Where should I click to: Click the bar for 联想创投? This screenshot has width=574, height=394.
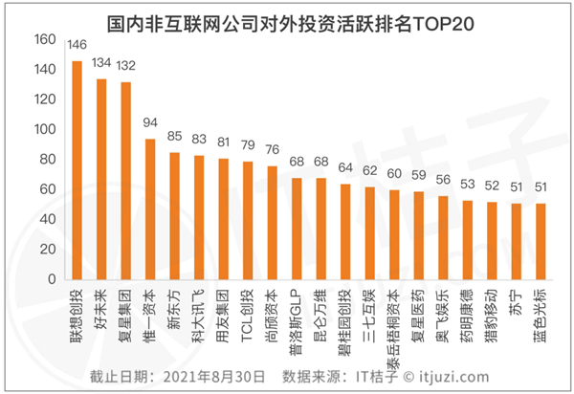[77, 170]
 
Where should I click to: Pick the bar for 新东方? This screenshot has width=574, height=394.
[174, 215]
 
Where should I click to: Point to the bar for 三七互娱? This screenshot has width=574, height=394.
[369, 232]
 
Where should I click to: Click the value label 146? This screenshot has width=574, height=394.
[77, 46]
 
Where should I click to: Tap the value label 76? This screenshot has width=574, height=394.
[272, 150]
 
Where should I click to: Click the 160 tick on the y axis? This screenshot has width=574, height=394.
[42, 40]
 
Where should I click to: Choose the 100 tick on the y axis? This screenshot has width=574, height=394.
[42, 130]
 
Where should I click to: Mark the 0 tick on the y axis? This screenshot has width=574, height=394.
[50, 279]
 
